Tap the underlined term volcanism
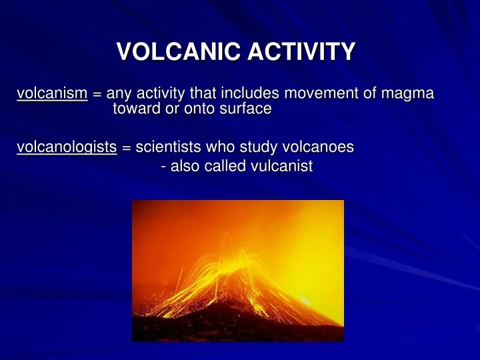click(52, 94)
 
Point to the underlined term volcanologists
click(67, 147)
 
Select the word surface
click(246, 109)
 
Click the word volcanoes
click(317, 147)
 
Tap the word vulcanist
click(281, 167)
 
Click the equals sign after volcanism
click(97, 95)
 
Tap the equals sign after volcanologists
click(127, 148)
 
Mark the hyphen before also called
click(164, 167)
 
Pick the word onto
click(201, 109)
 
